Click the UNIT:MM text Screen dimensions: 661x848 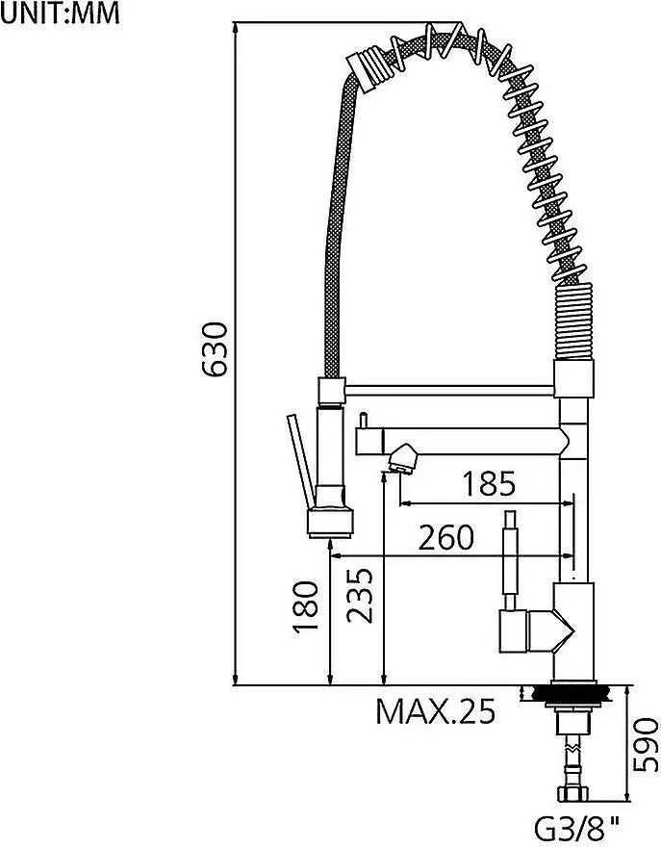click(60, 13)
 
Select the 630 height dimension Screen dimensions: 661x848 click(215, 349)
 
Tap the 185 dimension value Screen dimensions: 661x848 click(489, 484)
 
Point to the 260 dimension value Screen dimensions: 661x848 click(446, 537)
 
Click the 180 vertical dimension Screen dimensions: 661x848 click(305, 606)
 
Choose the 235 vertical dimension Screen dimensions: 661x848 click(360, 596)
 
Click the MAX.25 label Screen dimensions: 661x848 click(436, 712)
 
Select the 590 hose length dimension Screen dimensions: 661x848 click(647, 745)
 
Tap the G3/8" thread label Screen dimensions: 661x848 click(576, 829)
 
